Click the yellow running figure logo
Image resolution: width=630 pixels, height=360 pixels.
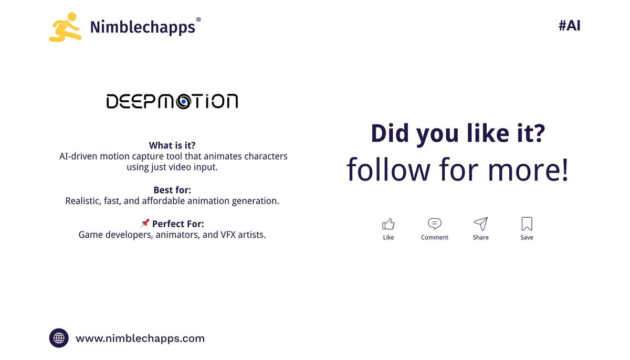pos(65,27)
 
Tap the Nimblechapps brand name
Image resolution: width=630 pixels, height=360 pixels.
pos(142,27)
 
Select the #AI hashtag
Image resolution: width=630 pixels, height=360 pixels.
pos(569,26)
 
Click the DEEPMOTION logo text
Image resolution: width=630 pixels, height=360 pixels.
pos(172,101)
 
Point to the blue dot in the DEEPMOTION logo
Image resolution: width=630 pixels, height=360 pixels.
pos(184,102)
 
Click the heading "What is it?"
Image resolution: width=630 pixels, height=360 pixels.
pos(173,145)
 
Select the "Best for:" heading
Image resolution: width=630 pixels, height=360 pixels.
pos(173,189)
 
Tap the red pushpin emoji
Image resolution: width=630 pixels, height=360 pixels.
pos(145,224)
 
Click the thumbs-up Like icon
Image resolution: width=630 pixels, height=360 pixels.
pos(388,224)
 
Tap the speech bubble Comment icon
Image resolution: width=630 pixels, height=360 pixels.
pos(434,224)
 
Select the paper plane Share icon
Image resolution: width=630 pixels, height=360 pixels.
pos(480,224)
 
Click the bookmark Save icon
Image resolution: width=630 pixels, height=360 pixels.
pos(527,224)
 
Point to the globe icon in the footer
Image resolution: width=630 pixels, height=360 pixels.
pos(59,338)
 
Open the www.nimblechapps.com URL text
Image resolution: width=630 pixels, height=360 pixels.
pos(140,338)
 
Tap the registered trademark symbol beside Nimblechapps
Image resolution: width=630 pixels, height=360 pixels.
pos(198,20)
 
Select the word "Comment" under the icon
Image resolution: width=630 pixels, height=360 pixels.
pos(434,238)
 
